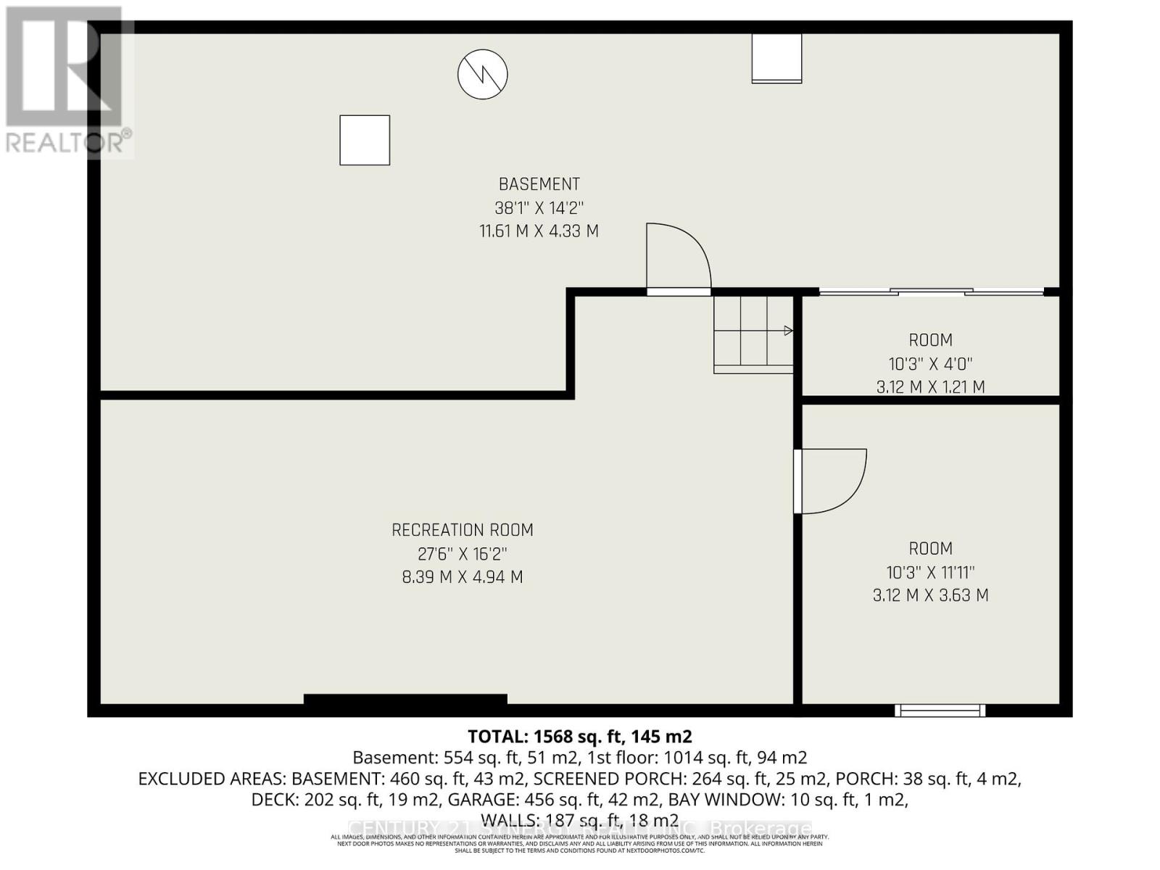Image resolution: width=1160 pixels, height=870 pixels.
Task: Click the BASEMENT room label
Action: tap(539, 184)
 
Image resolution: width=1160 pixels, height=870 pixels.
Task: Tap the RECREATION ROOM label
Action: tap(463, 530)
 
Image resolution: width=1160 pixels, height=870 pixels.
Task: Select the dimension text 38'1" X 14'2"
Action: tap(539, 208)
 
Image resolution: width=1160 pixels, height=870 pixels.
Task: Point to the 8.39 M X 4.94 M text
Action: tap(463, 577)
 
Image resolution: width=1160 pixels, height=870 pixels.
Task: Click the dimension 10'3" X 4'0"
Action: tap(930, 363)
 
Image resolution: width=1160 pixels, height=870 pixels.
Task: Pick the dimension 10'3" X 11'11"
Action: tap(930, 572)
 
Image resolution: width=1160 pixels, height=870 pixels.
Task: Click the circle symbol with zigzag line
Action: tap(482, 74)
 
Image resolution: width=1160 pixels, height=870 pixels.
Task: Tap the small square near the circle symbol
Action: tap(365, 140)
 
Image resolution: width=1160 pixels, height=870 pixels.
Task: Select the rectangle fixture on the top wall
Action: tap(776, 58)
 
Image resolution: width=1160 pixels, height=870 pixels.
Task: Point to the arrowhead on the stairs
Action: tap(789, 331)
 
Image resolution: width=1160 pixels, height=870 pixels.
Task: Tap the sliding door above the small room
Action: tap(931, 291)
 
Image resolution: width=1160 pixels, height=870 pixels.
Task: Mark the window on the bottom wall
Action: tap(940, 710)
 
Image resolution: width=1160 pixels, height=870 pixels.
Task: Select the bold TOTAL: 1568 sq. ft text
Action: tap(579, 737)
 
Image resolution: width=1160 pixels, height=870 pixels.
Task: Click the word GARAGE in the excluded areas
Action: tap(480, 800)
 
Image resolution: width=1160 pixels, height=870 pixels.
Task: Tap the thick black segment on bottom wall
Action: tap(405, 700)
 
